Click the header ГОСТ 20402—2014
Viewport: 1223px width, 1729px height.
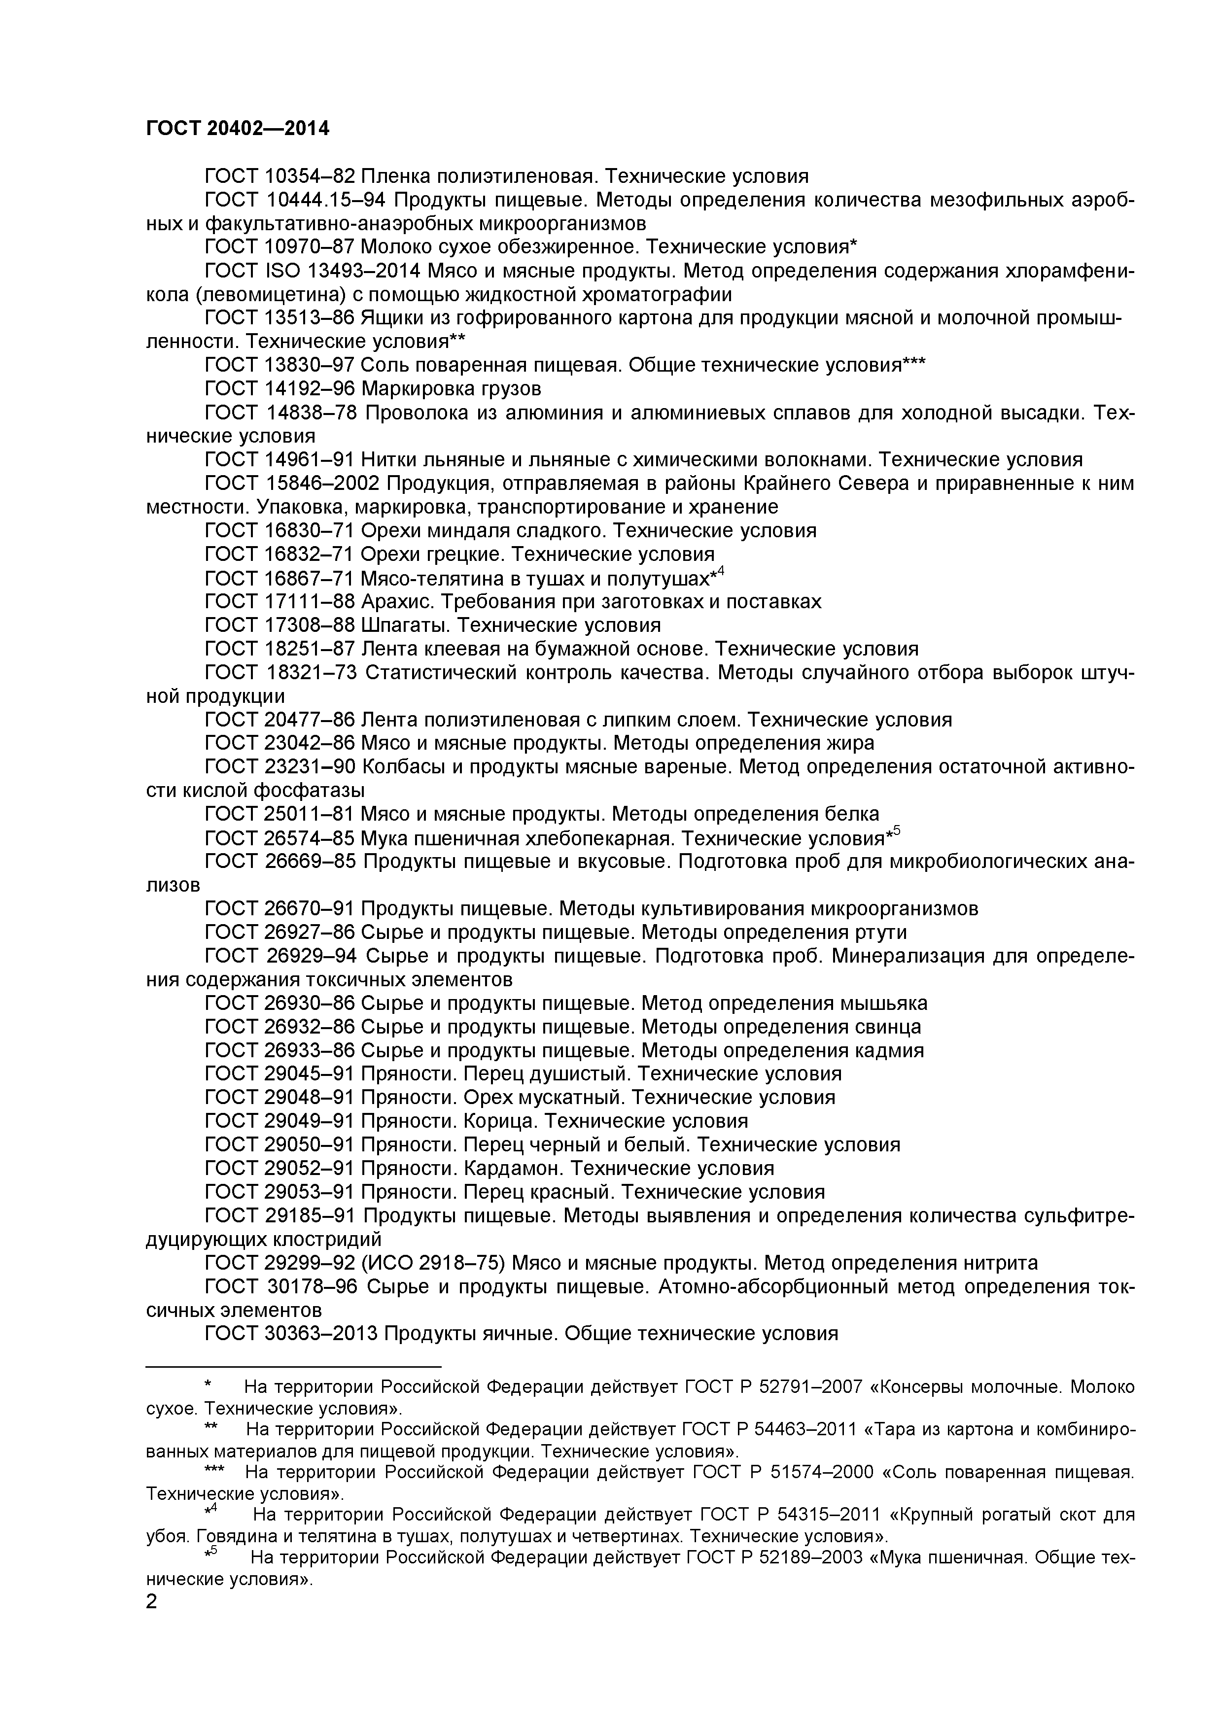pos(237,129)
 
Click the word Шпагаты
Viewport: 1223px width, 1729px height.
pos(407,625)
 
